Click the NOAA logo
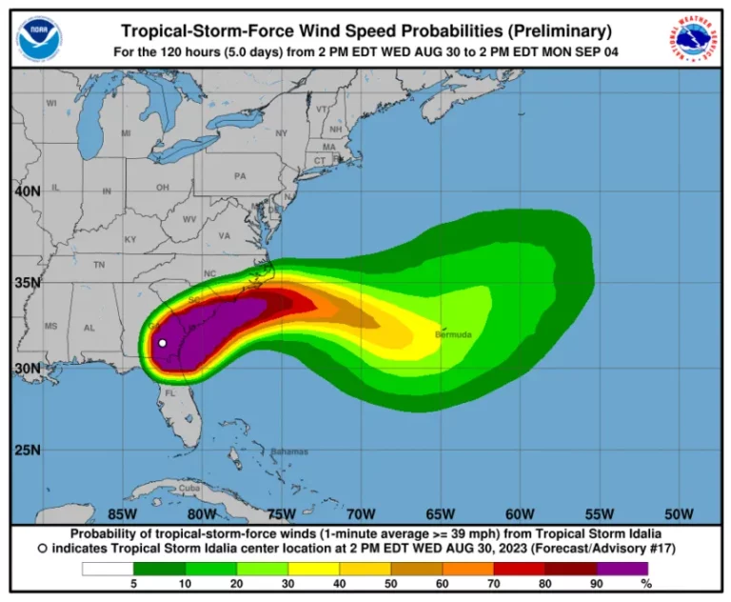(x=39, y=39)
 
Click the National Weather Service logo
(x=692, y=39)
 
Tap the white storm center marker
(x=163, y=343)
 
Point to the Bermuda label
(x=453, y=334)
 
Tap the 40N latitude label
(x=28, y=191)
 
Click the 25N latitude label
(x=28, y=450)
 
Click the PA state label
(x=240, y=176)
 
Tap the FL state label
(x=171, y=392)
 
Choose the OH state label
(x=162, y=187)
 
